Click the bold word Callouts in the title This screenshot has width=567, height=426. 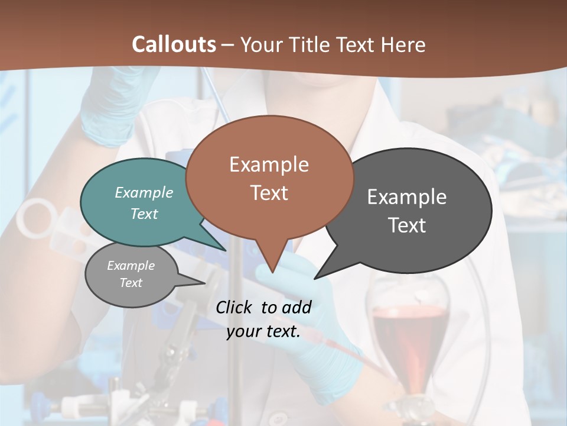[x=174, y=44]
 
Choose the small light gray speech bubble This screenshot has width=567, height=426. [x=131, y=275]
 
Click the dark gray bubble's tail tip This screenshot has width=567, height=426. [x=315, y=277]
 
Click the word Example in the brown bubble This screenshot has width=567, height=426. [x=269, y=164]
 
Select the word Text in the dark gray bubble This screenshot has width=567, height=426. [x=408, y=225]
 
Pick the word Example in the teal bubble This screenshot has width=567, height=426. [x=144, y=192]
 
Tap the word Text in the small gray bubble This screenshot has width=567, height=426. [x=131, y=283]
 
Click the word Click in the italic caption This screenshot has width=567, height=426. [x=234, y=307]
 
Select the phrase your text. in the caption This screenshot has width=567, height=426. [x=263, y=332]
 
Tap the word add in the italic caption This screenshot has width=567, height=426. [x=296, y=307]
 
